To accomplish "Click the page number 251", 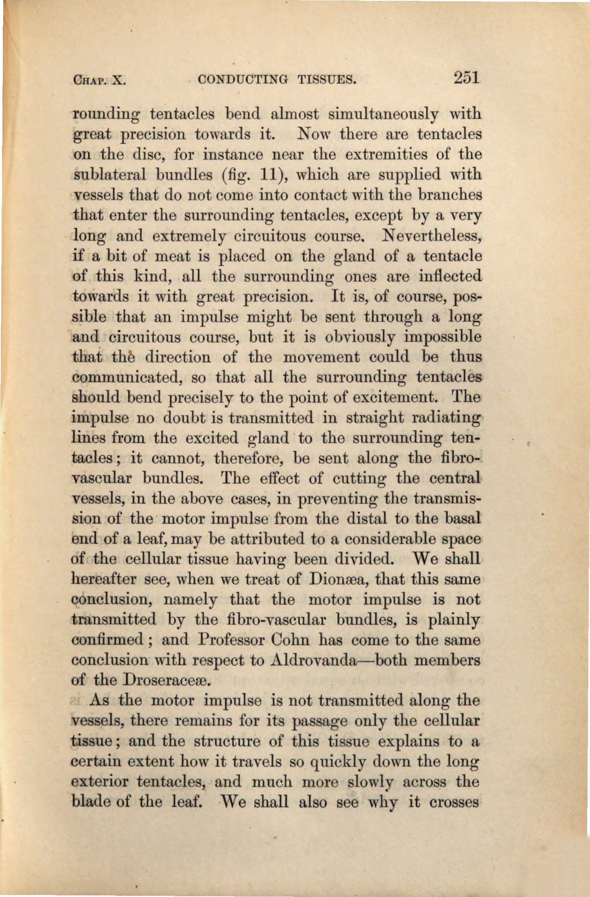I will pos(467,77).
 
